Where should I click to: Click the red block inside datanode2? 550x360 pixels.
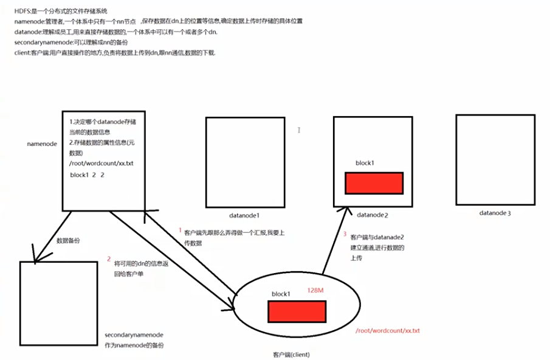coord(374,182)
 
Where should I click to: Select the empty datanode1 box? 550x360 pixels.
coord(245,161)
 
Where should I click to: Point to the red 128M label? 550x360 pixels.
coord(316,291)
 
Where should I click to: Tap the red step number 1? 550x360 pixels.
coord(180,231)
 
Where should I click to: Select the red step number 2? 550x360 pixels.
coord(109,259)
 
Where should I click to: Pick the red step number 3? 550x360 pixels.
coord(345,234)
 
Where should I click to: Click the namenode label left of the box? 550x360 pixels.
coord(42,144)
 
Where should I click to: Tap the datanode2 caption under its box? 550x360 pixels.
coord(373,215)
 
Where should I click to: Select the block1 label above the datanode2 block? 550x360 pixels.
coord(365,164)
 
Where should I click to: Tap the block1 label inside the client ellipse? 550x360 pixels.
coord(281,294)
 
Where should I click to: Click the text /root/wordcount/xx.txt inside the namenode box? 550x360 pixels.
coord(101,164)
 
